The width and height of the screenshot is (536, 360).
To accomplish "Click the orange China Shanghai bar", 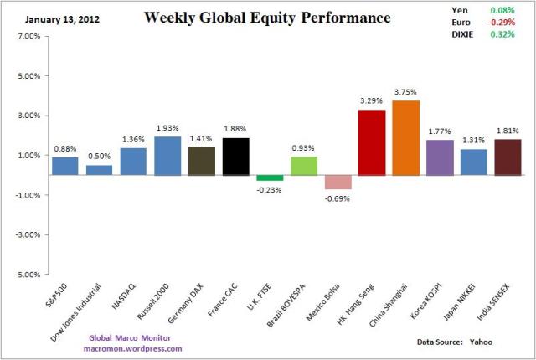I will tap(406, 138).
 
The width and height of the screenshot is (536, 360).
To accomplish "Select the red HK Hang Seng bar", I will tap(372, 142).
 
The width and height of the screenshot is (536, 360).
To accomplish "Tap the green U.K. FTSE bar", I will tap(270, 177).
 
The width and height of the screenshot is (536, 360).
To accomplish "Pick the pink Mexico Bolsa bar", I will tap(338, 182).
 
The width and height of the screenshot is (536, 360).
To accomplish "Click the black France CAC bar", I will tap(235, 157).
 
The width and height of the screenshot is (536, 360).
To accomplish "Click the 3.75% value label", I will tap(406, 93).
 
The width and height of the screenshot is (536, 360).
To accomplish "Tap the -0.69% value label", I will tap(338, 198).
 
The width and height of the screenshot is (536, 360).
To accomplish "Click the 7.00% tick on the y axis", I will tap(28, 37).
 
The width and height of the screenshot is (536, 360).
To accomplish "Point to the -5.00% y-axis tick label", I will tap(28, 274).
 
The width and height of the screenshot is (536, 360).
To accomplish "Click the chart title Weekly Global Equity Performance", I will tap(267, 17).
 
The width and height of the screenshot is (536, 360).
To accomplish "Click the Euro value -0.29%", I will tap(500, 23).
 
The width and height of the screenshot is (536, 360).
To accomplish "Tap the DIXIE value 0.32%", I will tap(500, 36).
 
